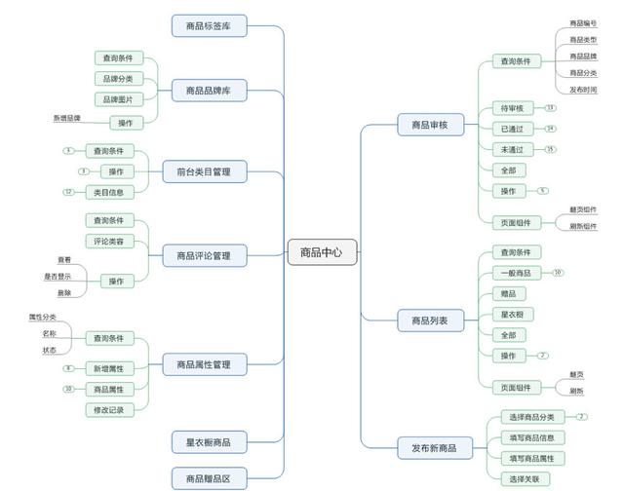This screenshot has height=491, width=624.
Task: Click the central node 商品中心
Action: coord(323,252)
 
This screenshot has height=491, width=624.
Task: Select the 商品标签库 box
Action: coord(209,25)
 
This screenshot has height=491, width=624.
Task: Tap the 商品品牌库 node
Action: coord(209,92)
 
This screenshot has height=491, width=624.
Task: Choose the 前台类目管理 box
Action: coord(204,171)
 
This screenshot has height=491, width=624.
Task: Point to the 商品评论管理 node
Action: coord(204,255)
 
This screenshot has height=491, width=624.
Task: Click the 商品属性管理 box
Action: coord(204,364)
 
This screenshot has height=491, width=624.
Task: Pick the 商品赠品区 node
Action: coord(209,477)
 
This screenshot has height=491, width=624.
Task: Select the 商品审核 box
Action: coord(430,125)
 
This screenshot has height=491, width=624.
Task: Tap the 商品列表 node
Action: coord(430,320)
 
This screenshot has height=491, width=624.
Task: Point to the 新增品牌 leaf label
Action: coord(67,118)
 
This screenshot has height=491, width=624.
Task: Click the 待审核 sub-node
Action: coord(512,108)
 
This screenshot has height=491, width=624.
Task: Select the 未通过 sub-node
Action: coord(512,149)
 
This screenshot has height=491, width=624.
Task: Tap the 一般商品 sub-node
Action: coord(514,273)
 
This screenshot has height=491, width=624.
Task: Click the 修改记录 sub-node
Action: coord(114,410)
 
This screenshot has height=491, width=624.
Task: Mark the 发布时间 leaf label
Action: coord(583,90)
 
